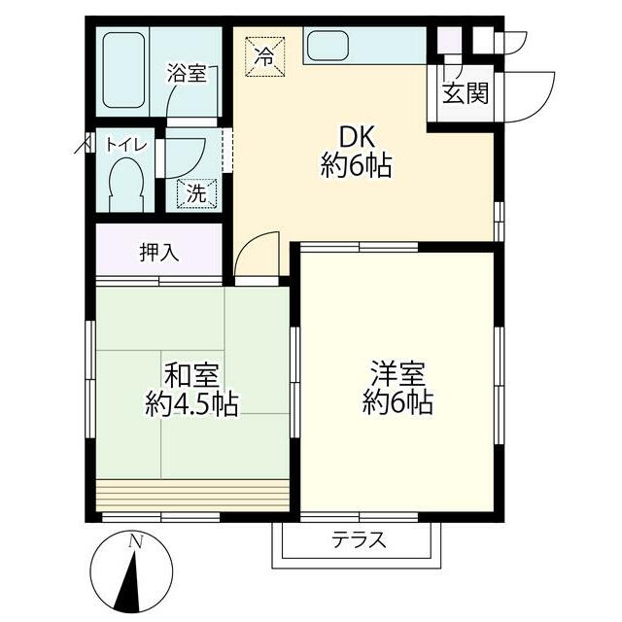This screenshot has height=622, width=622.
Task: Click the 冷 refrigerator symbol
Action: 265,53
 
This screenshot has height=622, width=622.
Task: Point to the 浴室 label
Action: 187,73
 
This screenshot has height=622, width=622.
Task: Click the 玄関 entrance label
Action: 465,95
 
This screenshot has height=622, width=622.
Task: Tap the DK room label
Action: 356,135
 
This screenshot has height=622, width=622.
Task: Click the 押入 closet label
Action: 158,253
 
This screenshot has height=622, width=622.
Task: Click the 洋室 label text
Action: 397,373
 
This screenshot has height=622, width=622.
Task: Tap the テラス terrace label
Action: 359,540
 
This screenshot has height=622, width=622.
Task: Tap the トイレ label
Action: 126,145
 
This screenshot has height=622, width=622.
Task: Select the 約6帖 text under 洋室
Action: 397,401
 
